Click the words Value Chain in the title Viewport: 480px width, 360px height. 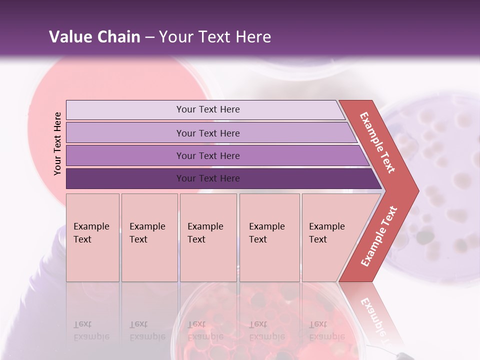tap(94, 37)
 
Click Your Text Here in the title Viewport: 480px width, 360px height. tap(215, 37)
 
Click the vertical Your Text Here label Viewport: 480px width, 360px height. tap(58, 144)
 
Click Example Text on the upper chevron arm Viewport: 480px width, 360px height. tap(377, 142)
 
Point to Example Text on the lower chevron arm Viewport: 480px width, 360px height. tap(379, 236)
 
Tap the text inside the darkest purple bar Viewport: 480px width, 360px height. tap(208, 178)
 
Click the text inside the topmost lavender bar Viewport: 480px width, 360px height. tap(208, 109)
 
